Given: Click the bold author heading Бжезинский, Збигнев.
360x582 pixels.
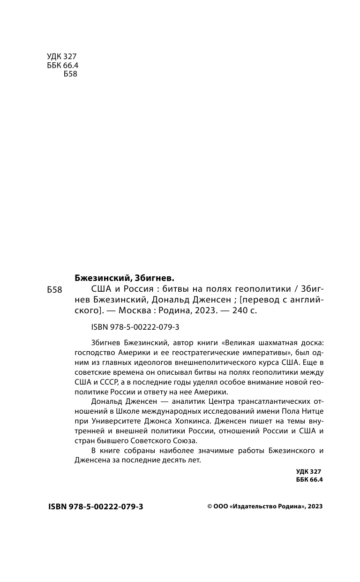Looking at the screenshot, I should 124,277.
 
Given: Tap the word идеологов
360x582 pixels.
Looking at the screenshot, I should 151,363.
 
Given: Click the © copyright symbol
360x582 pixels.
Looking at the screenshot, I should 210,507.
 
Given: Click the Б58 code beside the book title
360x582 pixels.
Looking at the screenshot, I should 55,290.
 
